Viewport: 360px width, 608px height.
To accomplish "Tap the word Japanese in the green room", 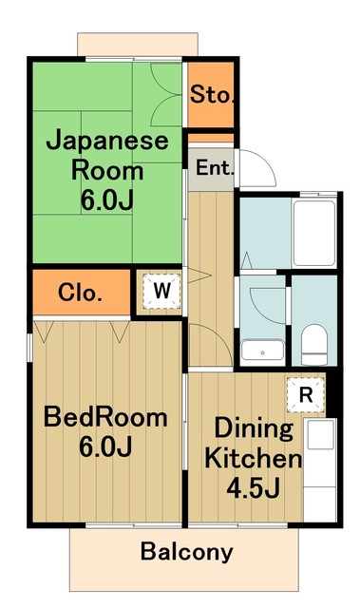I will coord(107,142).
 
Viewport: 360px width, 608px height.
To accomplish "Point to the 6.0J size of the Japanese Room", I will coord(107,201).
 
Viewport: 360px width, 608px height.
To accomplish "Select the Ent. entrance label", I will coord(211,169).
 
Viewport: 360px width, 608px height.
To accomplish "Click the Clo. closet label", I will coord(81,293).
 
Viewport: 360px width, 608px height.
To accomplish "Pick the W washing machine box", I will coord(161,293).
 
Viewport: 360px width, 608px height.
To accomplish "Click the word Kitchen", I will coord(254,460).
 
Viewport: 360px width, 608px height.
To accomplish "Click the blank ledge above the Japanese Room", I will coord(140,44).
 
